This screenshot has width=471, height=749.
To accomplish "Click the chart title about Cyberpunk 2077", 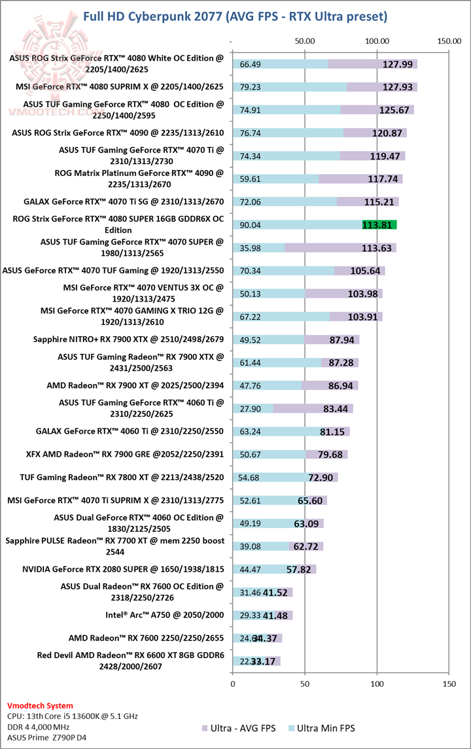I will point(235,15).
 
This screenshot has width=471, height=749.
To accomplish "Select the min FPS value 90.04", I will point(251,224).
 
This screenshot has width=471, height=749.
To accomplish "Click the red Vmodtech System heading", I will point(40,706).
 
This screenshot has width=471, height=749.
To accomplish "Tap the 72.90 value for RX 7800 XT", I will point(321,478).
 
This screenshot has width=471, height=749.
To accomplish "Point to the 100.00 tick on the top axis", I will point(377,41).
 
